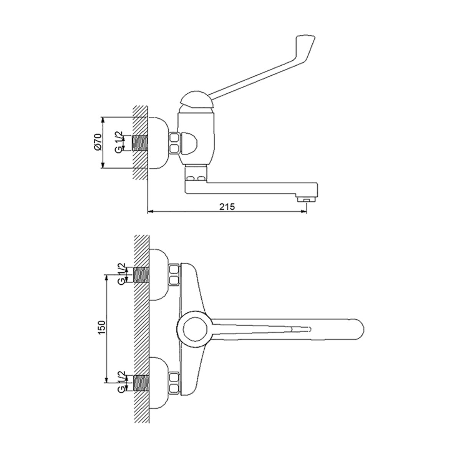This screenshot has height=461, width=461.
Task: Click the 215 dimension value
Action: (227, 206)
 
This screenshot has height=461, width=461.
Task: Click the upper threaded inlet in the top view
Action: (142, 274)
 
